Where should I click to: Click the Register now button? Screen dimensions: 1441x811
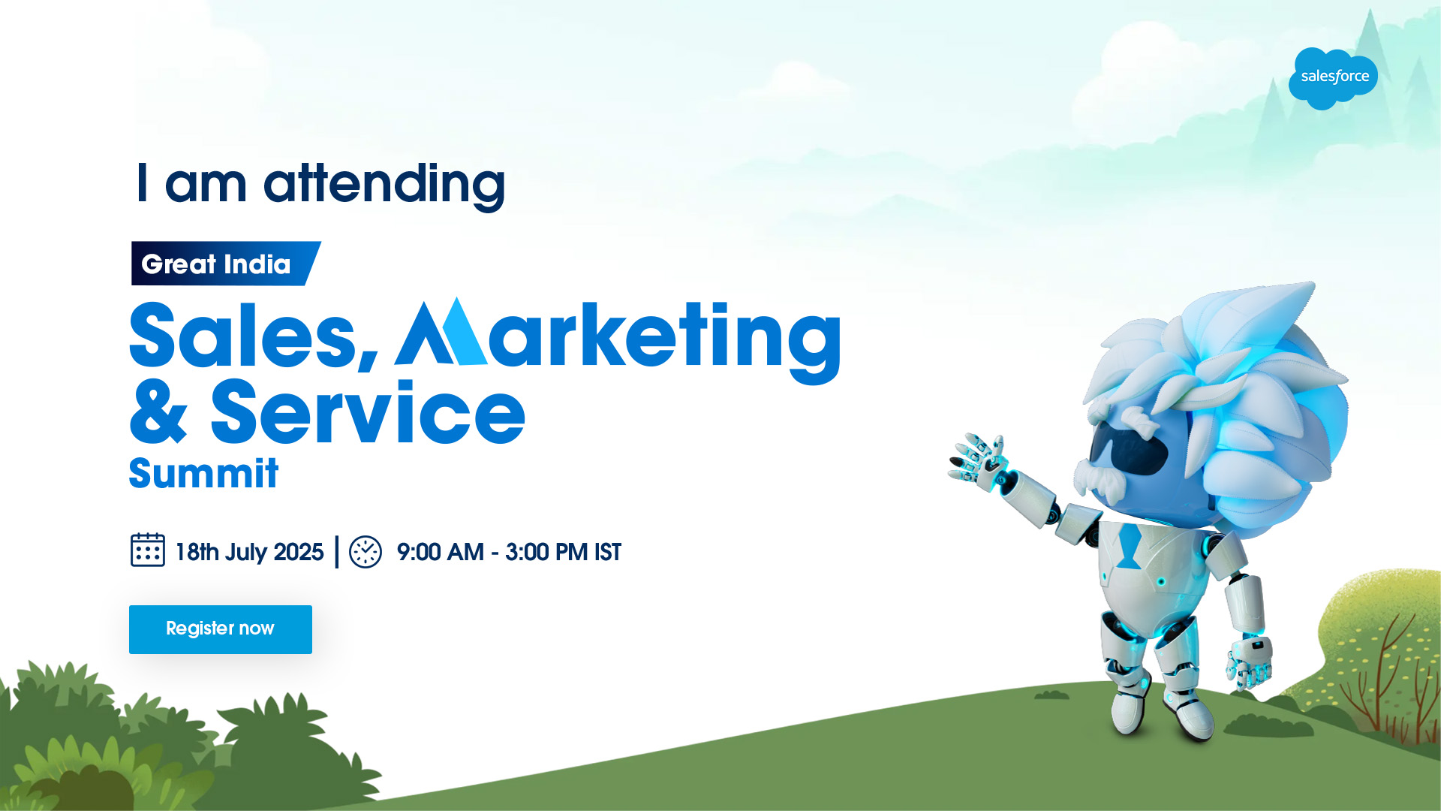[x=221, y=629]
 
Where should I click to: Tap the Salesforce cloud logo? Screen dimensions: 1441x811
[x=1333, y=78]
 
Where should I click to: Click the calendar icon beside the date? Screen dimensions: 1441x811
[x=148, y=550]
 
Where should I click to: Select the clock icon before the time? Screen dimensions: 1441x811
[x=366, y=552]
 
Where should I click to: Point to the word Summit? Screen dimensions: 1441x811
[x=203, y=473]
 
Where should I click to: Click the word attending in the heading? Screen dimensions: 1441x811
[x=384, y=184]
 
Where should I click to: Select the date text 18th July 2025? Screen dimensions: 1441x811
[x=249, y=552]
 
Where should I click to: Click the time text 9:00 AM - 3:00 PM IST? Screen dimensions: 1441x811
[x=509, y=552]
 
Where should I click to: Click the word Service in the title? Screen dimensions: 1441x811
[x=368, y=412]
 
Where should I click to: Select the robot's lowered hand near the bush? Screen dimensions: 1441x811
[x=1250, y=662]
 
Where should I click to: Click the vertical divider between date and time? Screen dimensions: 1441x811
[x=337, y=552]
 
